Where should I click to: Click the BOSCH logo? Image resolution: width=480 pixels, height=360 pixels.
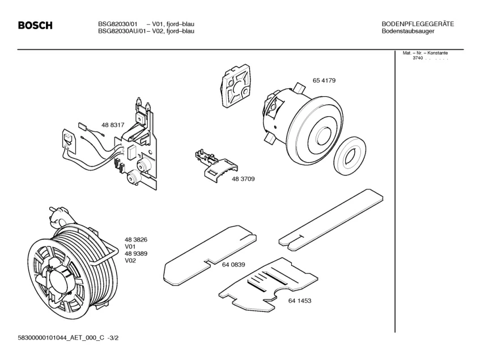click(x=35, y=26)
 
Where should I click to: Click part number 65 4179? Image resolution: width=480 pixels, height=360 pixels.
click(x=324, y=81)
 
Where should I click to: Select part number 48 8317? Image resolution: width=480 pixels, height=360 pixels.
click(x=113, y=125)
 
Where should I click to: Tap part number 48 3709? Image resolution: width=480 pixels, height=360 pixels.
click(x=243, y=179)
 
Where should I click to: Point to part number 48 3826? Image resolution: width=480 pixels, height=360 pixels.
click(x=136, y=240)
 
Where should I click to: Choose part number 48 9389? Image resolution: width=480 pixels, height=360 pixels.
click(x=136, y=253)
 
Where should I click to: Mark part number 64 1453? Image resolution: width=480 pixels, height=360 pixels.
click(x=299, y=300)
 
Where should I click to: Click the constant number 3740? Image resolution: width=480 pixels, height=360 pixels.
click(x=418, y=58)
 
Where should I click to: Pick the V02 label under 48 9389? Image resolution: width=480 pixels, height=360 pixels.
click(x=130, y=260)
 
